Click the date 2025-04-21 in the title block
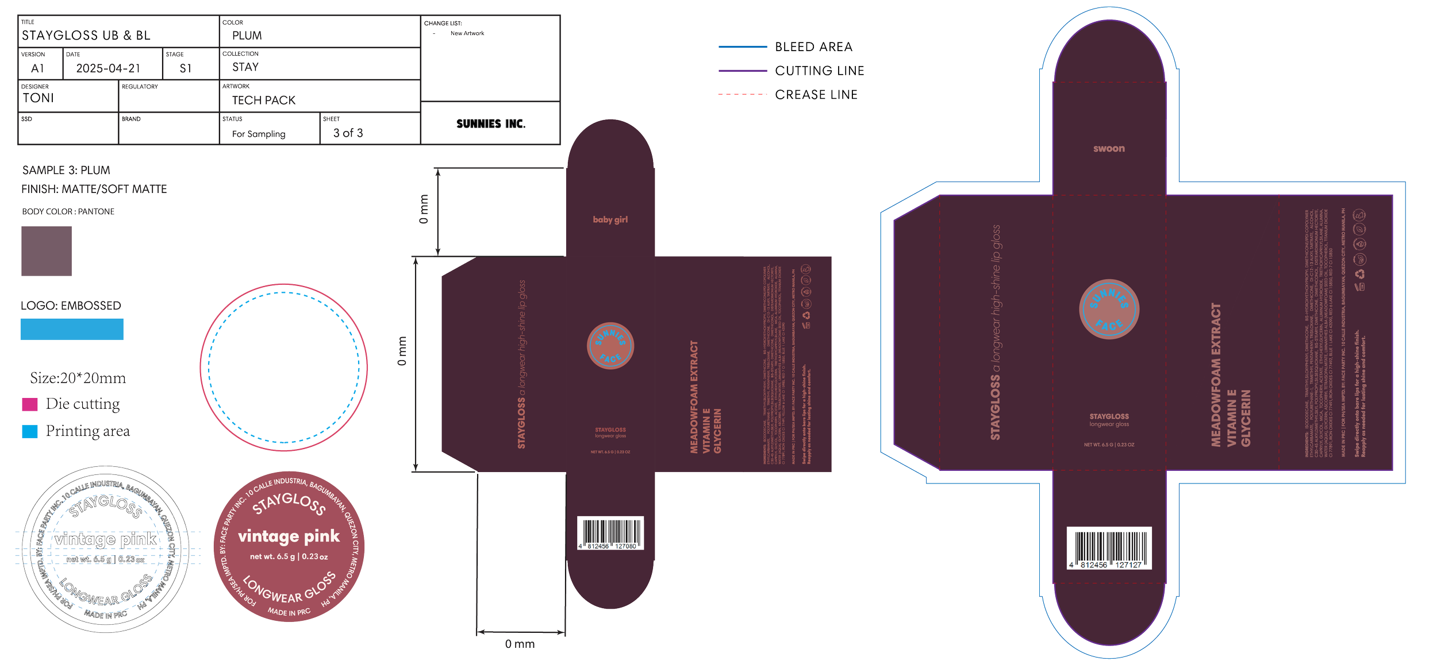click(x=108, y=68)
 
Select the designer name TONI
click(x=38, y=98)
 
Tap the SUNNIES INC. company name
click(x=490, y=124)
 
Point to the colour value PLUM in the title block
click(x=247, y=36)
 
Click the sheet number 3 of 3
click(x=348, y=133)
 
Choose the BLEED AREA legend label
click(x=813, y=47)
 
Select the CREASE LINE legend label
click(x=816, y=95)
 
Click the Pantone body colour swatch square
click(x=47, y=251)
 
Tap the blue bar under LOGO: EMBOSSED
click(x=72, y=330)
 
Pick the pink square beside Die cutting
click(x=30, y=405)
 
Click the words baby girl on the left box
click(x=610, y=219)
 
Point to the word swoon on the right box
click(x=1109, y=149)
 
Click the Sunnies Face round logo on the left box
click(x=610, y=346)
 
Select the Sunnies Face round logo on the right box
click(x=1109, y=310)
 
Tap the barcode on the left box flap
click(x=610, y=533)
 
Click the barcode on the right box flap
click(x=1109, y=548)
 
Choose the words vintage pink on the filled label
click(x=289, y=536)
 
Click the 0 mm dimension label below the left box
click(x=520, y=644)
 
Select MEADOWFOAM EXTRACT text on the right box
click(x=1216, y=374)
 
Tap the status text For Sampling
click(x=258, y=134)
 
